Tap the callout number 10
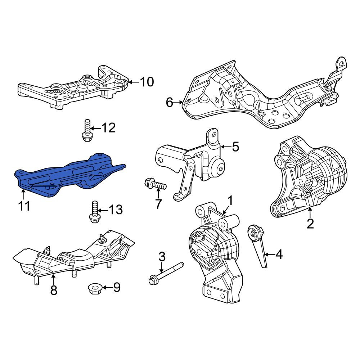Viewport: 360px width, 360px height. [x=147, y=82]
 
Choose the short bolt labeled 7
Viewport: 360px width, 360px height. [x=156, y=184]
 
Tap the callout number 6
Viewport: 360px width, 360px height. [x=170, y=102]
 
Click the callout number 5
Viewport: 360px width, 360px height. [x=235, y=147]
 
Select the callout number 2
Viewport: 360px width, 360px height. [x=310, y=224]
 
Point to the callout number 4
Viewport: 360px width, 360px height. [x=279, y=255]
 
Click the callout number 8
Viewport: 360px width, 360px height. [x=54, y=290]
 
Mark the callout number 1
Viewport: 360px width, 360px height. [x=230, y=201]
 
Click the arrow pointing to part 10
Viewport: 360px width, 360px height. [x=134, y=82]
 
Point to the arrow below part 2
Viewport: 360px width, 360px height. [x=310, y=212]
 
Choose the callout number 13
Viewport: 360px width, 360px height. [x=116, y=210]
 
